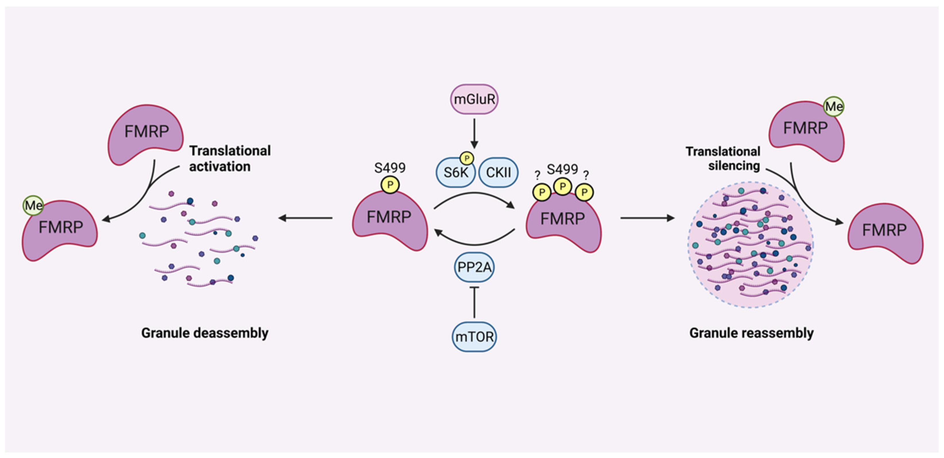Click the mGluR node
(x=474, y=99)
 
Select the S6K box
(x=456, y=173)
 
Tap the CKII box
(x=498, y=173)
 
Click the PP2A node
(x=474, y=267)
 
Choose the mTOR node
(x=474, y=336)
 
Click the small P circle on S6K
(x=467, y=158)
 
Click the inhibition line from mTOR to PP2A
(x=474, y=302)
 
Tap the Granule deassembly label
(x=205, y=333)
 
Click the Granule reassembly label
(x=752, y=333)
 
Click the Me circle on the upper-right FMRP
(x=834, y=107)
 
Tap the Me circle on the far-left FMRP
(x=33, y=205)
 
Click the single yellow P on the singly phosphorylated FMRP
(x=390, y=184)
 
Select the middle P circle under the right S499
(x=562, y=186)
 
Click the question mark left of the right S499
(x=537, y=175)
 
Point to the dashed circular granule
(x=750, y=245)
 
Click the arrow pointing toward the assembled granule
(x=647, y=218)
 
